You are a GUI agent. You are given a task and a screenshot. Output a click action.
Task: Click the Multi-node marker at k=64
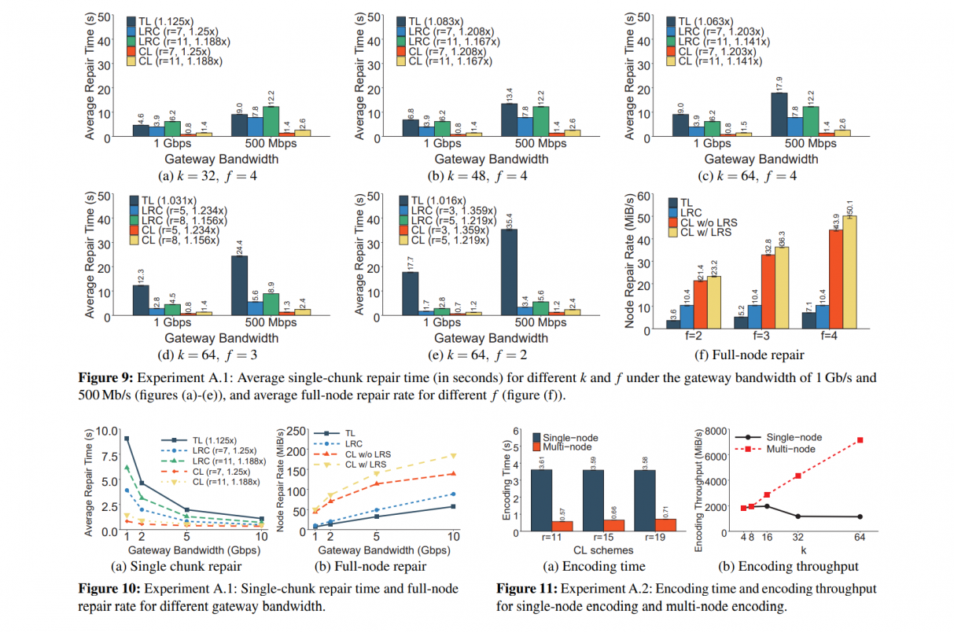click(x=860, y=440)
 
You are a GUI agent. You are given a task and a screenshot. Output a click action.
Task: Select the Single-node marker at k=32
click(x=798, y=516)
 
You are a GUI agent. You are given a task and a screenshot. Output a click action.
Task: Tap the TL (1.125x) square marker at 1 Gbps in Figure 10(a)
click(x=127, y=439)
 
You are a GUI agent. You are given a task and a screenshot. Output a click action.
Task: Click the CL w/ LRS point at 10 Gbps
click(x=454, y=455)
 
